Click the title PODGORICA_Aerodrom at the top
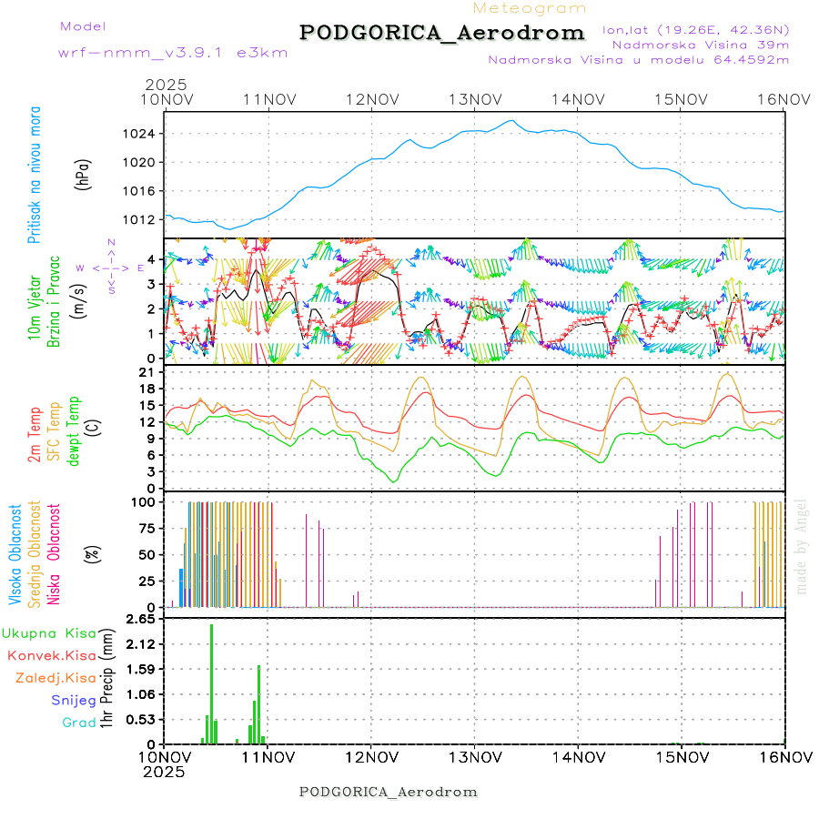[x=442, y=33]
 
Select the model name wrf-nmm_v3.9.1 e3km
[x=173, y=53]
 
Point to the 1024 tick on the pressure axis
[x=141, y=134]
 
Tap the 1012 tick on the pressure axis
[x=141, y=219]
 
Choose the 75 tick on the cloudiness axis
[x=144, y=528]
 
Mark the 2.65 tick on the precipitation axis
[x=139, y=620]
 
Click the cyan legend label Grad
[x=79, y=723]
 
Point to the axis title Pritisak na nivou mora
[x=35, y=178]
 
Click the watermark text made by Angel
[x=802, y=546]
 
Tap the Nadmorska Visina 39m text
[x=701, y=44]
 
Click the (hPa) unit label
[x=84, y=176]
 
